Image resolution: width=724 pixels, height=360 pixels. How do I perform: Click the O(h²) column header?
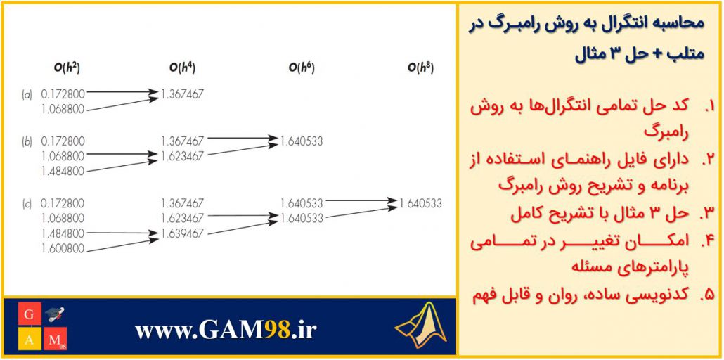[x=67, y=68]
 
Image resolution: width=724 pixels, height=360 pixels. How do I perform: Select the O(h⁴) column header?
[x=182, y=68]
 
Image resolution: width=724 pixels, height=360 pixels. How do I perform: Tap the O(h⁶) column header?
[x=302, y=68]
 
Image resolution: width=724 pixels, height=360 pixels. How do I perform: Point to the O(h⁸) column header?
[x=420, y=68]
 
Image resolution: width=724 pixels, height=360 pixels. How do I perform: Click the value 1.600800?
[x=63, y=249]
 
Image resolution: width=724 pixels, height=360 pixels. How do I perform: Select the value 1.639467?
[x=182, y=234]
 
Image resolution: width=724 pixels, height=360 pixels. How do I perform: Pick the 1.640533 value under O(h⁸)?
[x=420, y=203]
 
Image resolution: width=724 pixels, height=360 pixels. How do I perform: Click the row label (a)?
[x=27, y=95]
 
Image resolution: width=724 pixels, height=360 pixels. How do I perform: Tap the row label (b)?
[x=27, y=141]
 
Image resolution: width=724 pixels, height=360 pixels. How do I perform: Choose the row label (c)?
[x=27, y=203]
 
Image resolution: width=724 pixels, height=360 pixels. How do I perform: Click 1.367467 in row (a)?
[x=182, y=94]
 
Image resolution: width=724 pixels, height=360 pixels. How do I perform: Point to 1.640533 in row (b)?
[x=302, y=141]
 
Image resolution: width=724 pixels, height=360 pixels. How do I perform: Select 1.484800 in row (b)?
[x=63, y=172]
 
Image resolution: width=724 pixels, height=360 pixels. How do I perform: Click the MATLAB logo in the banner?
[x=421, y=325]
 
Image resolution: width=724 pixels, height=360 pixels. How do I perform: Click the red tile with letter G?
[x=30, y=314]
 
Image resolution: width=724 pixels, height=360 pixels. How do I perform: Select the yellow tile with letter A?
[x=30, y=339]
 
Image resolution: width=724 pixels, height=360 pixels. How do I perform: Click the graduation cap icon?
[x=56, y=315]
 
